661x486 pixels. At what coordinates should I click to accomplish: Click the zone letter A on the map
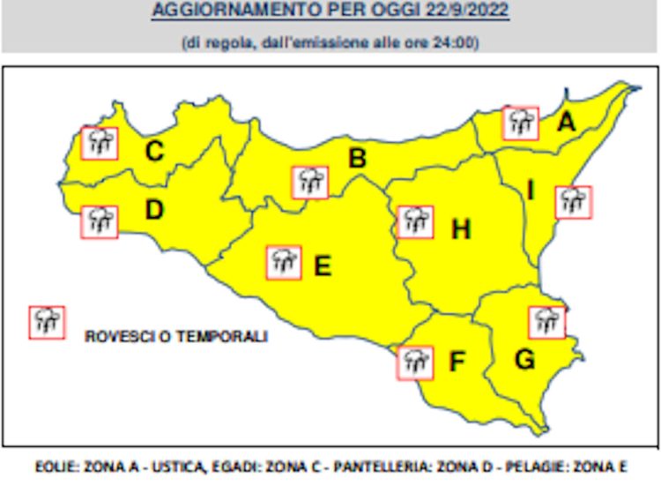point(566,123)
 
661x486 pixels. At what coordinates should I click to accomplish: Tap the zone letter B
point(357,159)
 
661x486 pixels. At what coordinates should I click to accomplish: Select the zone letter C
point(154,152)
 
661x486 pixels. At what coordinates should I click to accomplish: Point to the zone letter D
point(154,211)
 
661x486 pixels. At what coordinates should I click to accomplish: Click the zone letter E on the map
point(323,265)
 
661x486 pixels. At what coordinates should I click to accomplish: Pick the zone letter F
point(457,362)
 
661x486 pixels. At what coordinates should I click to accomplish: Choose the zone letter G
point(524,360)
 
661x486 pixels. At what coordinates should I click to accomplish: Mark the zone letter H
point(460,230)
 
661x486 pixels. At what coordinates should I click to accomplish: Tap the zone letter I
point(530,190)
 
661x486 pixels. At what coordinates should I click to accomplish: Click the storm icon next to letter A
point(521,123)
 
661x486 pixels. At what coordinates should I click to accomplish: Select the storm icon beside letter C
point(99,142)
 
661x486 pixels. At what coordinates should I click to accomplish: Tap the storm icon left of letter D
point(99,221)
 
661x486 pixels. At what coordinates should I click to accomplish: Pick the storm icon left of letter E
point(284,262)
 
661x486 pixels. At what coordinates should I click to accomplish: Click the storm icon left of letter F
point(414,362)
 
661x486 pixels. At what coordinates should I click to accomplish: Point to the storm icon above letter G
point(546,322)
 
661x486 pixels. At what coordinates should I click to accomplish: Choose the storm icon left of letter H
point(414,221)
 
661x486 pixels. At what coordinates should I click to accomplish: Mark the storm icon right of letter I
point(574,202)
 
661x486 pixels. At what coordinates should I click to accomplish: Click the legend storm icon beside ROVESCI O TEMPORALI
point(46,322)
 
